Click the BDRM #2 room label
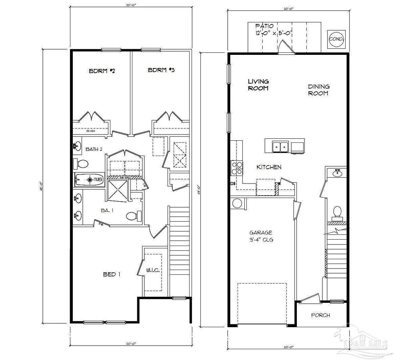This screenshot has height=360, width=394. (102, 71)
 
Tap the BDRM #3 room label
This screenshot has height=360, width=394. (162, 70)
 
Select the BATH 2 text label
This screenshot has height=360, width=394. (94, 149)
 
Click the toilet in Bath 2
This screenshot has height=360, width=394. (82, 164)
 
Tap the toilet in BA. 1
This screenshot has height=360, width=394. (132, 216)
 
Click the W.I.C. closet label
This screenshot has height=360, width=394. (153, 270)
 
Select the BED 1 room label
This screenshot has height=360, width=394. (112, 274)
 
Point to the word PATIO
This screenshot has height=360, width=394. (264, 26)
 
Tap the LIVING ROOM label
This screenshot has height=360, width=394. (258, 85)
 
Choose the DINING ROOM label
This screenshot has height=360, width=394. (318, 90)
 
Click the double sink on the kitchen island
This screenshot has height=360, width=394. (281, 147)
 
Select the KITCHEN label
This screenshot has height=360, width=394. (269, 167)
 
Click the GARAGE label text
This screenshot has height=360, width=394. (261, 232)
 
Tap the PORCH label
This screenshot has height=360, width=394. (321, 315)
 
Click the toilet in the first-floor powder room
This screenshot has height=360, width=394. (337, 212)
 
